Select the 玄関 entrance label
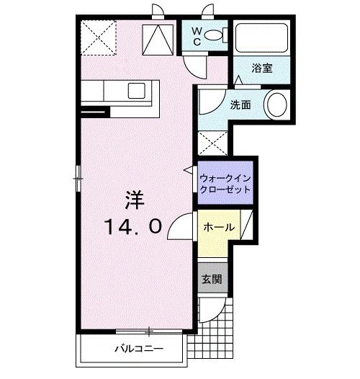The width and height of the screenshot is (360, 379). (x=210, y=280)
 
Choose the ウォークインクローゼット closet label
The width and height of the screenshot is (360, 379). (x=225, y=182)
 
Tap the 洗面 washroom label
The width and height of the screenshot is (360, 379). (x=240, y=104)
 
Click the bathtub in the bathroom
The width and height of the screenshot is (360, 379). (x=261, y=37)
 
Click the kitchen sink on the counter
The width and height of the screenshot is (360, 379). (x=135, y=91)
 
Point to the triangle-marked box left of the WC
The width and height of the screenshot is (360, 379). (x=158, y=38)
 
